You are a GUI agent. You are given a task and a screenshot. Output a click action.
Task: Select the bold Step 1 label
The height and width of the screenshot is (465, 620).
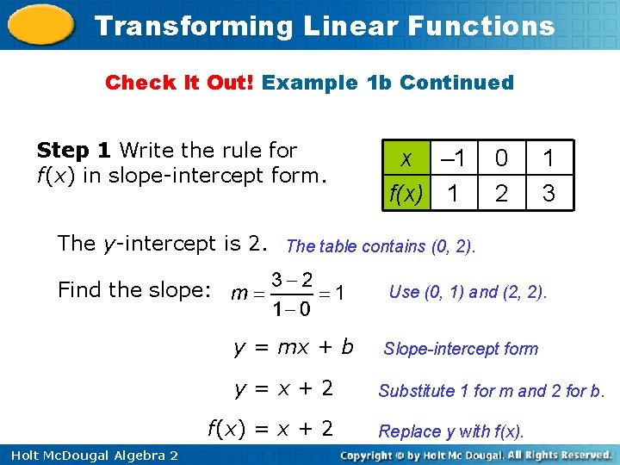tap(74, 150)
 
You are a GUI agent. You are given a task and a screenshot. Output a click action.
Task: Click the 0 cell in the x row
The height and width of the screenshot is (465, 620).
tap(501, 159)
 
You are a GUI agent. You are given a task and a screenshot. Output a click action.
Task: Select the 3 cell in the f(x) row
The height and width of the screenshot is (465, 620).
tap(549, 193)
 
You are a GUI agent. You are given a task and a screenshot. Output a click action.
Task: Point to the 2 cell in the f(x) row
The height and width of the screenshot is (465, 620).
tap(501, 193)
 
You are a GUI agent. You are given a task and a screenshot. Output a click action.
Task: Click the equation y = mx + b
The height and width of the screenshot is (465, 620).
tap(294, 347)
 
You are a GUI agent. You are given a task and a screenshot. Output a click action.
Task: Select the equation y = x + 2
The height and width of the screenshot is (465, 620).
tap(283, 388)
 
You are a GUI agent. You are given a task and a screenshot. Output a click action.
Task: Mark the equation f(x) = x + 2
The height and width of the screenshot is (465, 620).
tap(270, 428)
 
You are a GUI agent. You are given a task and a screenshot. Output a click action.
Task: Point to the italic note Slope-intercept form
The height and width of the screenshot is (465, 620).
tap(461, 349)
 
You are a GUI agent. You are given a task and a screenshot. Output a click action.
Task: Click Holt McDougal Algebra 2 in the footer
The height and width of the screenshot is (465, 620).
tap(90, 455)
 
